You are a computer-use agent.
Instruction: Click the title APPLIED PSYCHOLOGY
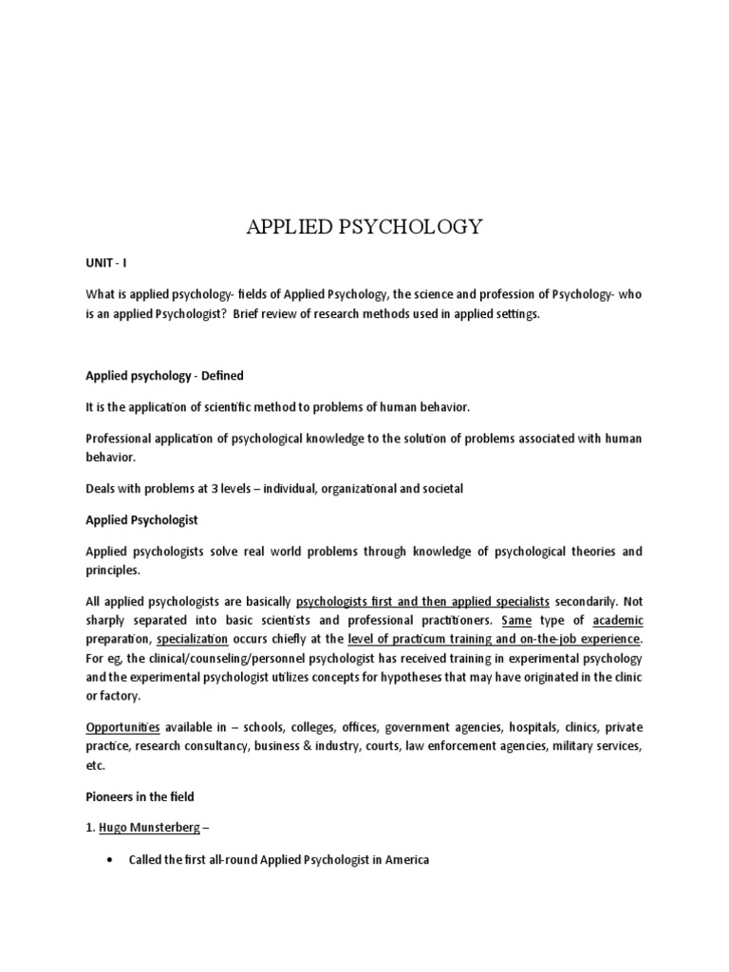click(364, 227)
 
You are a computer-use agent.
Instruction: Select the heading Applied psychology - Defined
click(164, 376)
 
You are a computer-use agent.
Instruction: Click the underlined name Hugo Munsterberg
click(149, 828)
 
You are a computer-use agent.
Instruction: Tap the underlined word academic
click(618, 621)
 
